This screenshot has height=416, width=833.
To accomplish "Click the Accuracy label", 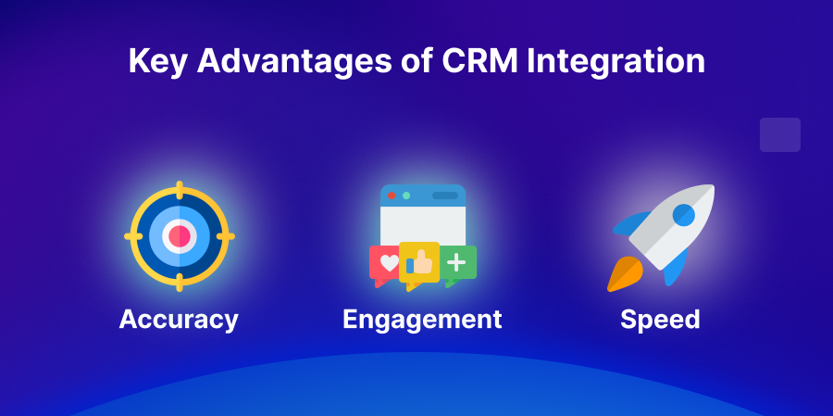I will (x=179, y=320).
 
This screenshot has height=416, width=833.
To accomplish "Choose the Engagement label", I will (x=422, y=320).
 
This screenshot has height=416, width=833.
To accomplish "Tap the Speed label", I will (x=660, y=320).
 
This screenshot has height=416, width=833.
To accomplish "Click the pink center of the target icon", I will (x=180, y=236).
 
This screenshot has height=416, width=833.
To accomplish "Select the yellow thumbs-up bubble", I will (x=419, y=262).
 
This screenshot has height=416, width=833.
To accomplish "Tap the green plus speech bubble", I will (x=457, y=263).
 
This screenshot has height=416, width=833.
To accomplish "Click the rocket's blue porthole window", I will (x=683, y=216).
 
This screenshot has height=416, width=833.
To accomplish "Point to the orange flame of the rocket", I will (x=621, y=274).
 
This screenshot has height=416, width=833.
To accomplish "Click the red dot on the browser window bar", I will (x=392, y=195).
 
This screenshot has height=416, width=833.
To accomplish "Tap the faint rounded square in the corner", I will (x=779, y=134).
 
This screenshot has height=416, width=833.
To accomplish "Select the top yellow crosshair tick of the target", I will (x=180, y=189).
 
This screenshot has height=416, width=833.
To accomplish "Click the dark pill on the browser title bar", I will (x=445, y=195).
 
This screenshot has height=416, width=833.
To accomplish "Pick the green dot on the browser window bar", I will (x=406, y=195).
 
